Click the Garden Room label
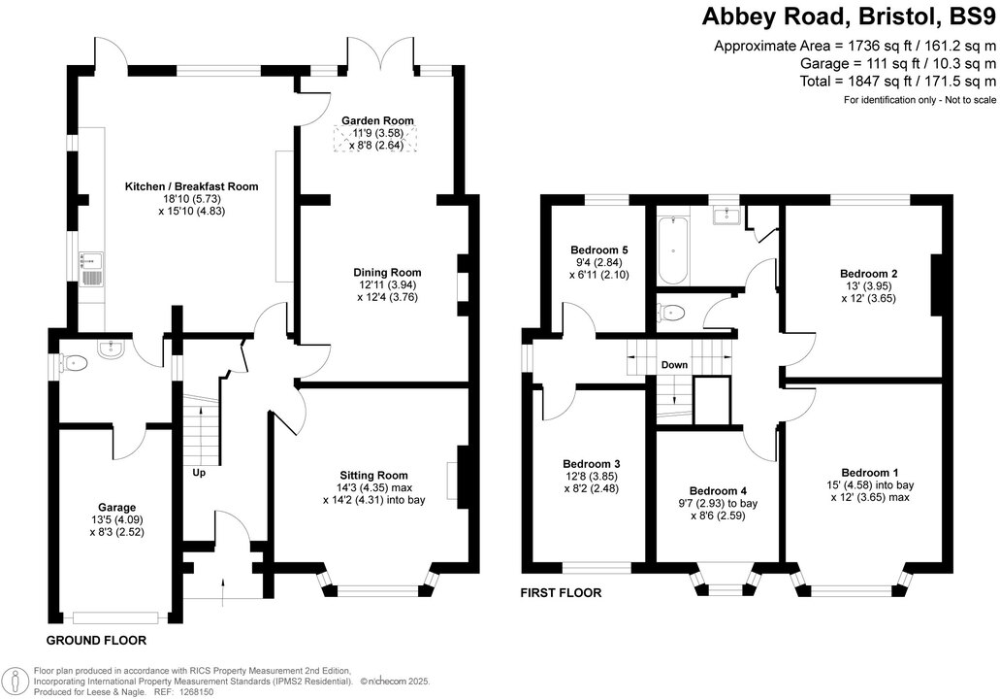(x=377, y=120)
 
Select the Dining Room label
(x=387, y=273)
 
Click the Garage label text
(x=116, y=507)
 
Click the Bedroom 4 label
(x=718, y=490)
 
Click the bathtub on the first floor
(x=671, y=250)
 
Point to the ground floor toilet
(x=75, y=363)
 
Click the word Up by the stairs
(x=199, y=473)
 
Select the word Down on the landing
(x=674, y=365)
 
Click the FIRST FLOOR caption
(x=561, y=592)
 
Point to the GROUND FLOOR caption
(x=97, y=641)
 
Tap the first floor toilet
(x=671, y=312)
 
